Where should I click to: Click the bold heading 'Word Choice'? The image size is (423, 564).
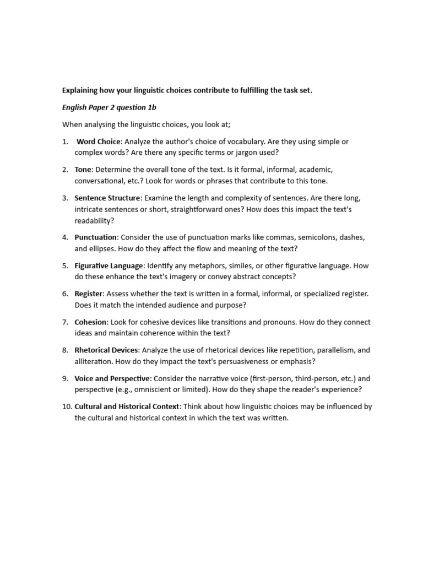(x=98, y=142)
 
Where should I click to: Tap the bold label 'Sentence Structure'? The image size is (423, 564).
(x=107, y=198)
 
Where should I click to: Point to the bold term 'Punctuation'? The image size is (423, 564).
(x=96, y=237)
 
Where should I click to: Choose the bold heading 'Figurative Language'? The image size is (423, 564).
(x=109, y=265)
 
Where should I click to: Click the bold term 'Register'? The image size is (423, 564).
(x=89, y=294)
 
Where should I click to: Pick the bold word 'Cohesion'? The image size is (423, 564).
(x=91, y=322)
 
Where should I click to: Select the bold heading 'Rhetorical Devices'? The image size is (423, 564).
(x=107, y=350)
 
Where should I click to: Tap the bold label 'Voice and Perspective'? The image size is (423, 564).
(x=112, y=378)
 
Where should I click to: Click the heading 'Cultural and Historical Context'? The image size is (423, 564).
(x=127, y=406)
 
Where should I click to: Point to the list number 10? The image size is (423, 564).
(x=67, y=406)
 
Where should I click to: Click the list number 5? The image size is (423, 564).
(x=65, y=265)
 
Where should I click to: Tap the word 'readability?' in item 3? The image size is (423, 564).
(x=94, y=220)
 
